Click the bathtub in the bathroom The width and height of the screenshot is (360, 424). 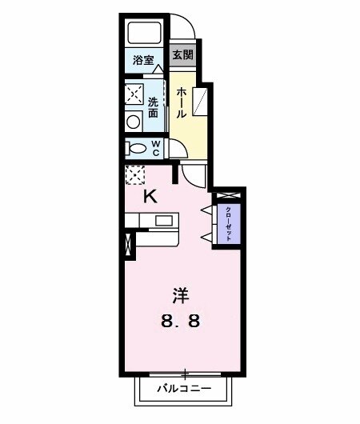146,34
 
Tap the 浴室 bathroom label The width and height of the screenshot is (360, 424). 142,60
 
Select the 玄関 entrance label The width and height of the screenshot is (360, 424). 182,55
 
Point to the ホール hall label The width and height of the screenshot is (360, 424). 182,103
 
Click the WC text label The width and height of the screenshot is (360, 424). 157,149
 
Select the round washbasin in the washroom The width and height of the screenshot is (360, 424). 132,122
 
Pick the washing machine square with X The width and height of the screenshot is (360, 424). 133,94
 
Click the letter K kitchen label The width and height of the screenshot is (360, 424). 149,196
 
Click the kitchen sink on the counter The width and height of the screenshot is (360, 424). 164,221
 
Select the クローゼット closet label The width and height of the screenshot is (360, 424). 229,219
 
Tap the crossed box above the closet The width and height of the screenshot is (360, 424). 228,195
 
